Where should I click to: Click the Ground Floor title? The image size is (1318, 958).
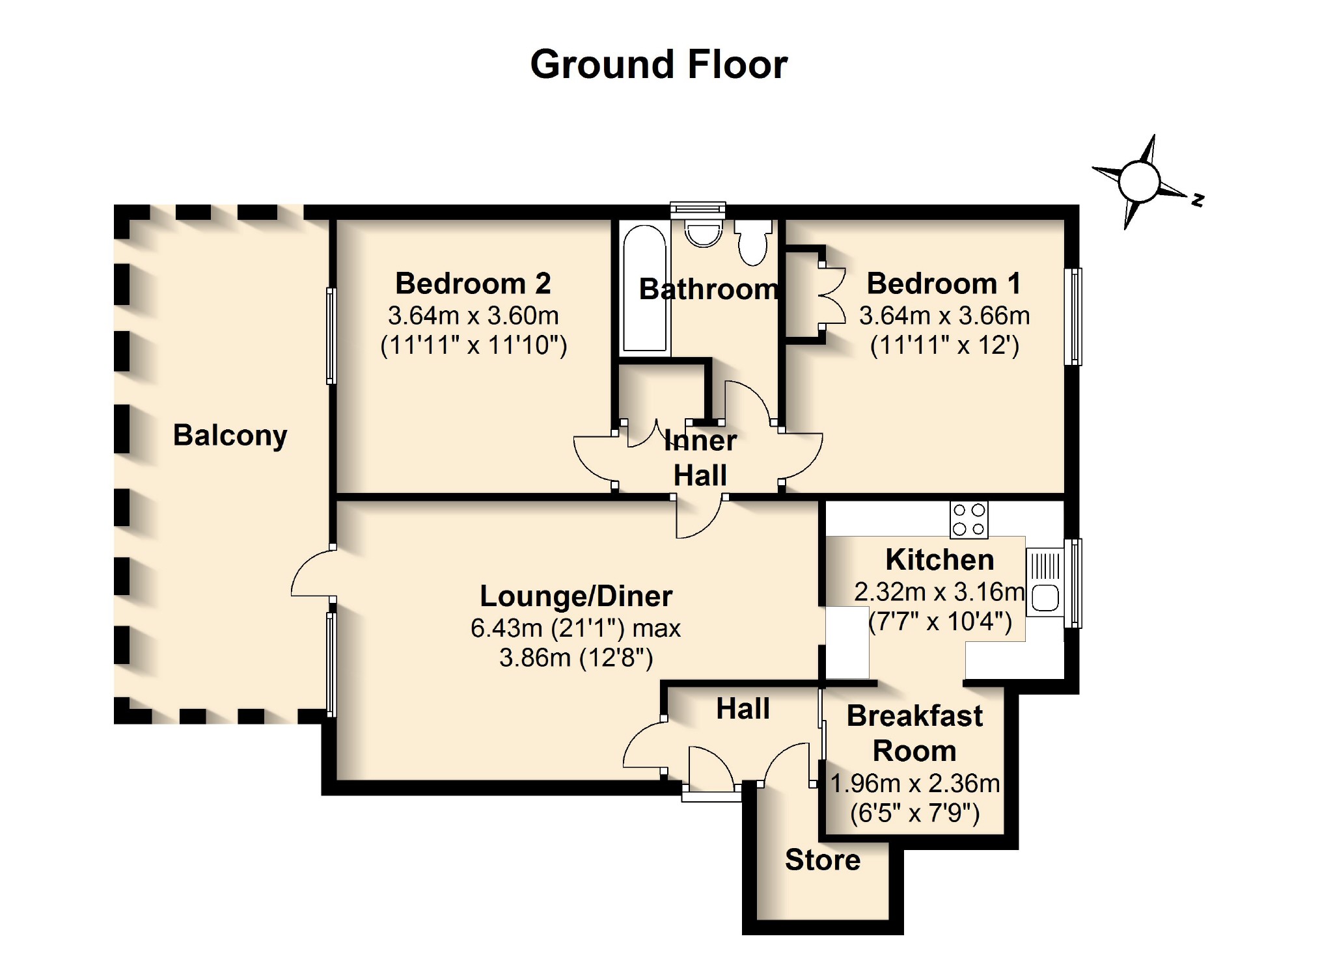coord(659,64)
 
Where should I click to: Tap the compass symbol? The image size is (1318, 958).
coord(1139,181)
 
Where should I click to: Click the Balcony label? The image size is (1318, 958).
coord(230,435)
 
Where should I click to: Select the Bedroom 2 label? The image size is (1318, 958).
coord(473,284)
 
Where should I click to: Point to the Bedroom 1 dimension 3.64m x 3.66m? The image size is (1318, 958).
coord(944,316)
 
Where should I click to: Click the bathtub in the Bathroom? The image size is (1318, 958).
coord(644,288)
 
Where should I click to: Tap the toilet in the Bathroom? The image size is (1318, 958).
coord(753,241)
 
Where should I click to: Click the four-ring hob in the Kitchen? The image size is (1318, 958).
coord(968,520)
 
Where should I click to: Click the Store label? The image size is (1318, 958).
coord(823,860)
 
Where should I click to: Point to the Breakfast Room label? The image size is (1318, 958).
coord(914,734)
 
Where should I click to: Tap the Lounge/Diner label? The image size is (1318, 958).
coord(576,596)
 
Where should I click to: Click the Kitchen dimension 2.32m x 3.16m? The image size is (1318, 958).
coord(939,592)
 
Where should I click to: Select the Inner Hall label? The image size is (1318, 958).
coord(700,458)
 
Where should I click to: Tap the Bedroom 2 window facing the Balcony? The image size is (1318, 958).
coord(331,336)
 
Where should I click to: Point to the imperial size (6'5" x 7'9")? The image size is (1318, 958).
coord(914,813)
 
